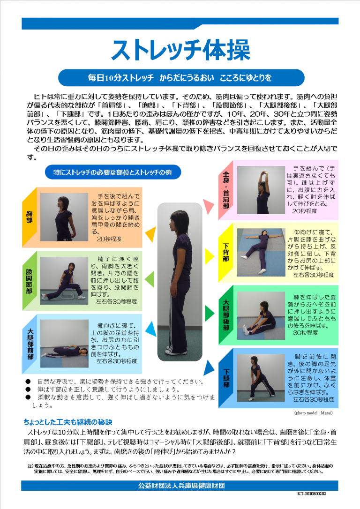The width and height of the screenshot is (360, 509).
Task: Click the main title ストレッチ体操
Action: coord(180,50)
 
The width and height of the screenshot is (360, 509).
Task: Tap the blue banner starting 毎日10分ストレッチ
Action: coord(181,78)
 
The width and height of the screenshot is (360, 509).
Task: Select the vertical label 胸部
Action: coord(30,217)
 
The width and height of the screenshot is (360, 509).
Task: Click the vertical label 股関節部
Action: coord(29,281)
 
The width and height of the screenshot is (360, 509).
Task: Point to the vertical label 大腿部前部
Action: coord(30,344)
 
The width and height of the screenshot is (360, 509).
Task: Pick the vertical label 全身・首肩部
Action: coord(226,190)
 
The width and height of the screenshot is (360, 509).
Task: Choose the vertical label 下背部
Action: coord(226,253)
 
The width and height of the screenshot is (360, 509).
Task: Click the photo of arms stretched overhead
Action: coord(261,190)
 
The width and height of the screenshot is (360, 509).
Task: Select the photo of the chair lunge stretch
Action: coord(64,281)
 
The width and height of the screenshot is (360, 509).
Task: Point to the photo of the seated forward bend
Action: coord(261,315)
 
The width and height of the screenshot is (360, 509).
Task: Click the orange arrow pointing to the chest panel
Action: coord(151,234)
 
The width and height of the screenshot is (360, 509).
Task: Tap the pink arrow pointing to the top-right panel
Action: coord(209,206)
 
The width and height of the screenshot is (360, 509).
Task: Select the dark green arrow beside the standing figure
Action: coord(210,313)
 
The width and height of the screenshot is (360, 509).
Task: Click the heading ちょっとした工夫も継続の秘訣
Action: coord(68,422)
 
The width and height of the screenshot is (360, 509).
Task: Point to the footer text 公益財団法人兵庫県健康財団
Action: coord(181,486)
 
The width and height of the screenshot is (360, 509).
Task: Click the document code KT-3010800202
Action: coord(312,494)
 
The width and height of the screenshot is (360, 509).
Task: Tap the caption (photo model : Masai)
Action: coord(313,413)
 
